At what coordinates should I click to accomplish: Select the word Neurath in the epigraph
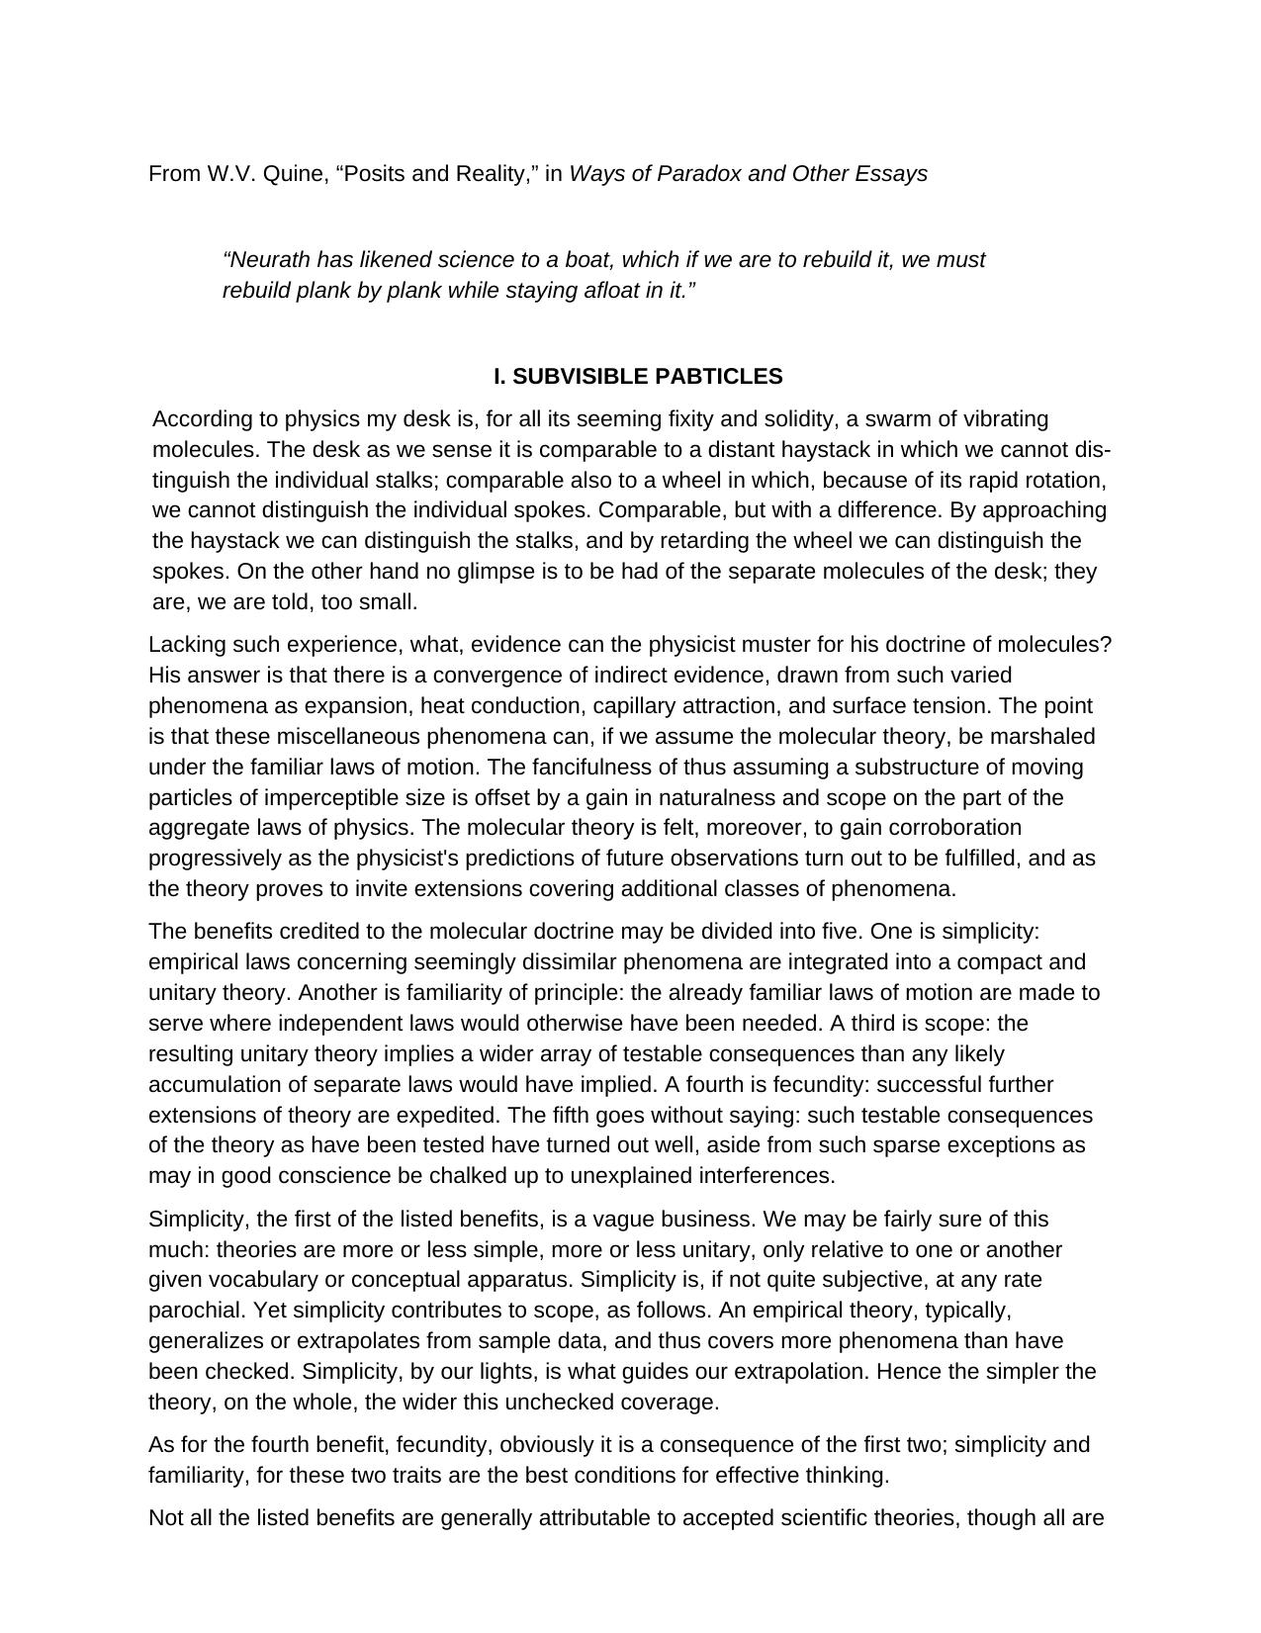[268, 260]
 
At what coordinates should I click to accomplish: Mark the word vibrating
[1000, 419]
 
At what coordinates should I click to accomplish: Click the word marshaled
[1045, 737]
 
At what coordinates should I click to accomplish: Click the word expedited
[448, 1116]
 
